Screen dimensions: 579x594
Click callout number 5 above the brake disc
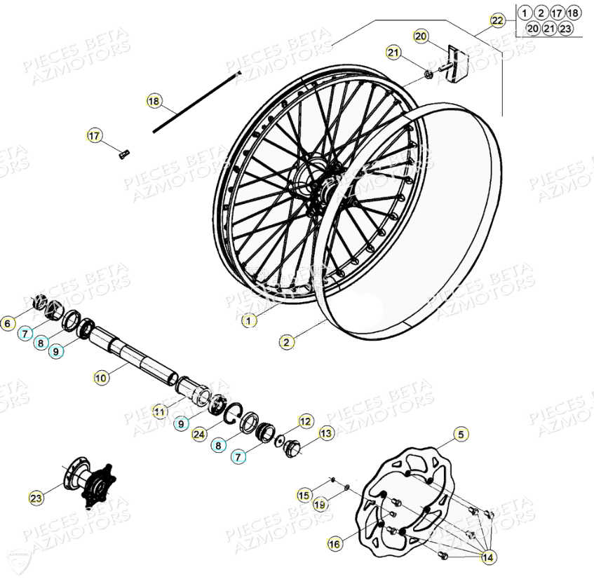pos(460,435)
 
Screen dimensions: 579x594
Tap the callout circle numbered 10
pos(101,377)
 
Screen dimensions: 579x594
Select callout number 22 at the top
pos(497,20)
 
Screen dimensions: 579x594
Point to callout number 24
pos(198,435)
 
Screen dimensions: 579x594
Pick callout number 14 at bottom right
pos(487,556)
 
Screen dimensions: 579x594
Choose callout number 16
pos(335,543)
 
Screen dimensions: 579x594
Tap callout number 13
pos(327,434)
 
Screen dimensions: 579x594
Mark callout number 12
pos(306,421)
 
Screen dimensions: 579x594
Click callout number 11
pos(160,411)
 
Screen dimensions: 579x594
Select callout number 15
pos(303,496)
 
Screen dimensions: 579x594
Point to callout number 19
pos(320,504)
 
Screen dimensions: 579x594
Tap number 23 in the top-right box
pos(565,29)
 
